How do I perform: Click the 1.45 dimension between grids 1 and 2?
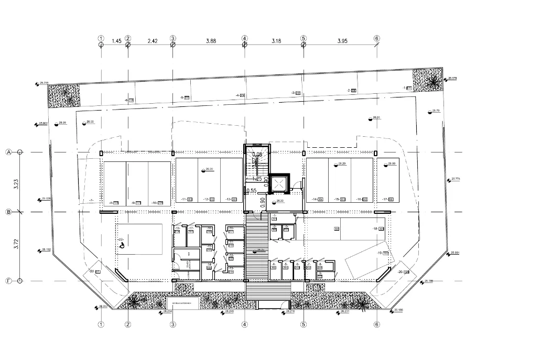(116, 40)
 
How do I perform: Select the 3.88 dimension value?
(211, 40)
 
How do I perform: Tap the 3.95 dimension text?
(343, 40)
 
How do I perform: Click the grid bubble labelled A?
(8, 152)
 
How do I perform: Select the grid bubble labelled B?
(8, 212)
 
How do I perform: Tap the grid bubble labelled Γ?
(8, 280)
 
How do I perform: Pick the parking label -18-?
(377, 229)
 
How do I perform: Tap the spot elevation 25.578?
(453, 79)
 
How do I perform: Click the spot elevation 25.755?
(43, 83)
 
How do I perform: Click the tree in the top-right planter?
(432, 81)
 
